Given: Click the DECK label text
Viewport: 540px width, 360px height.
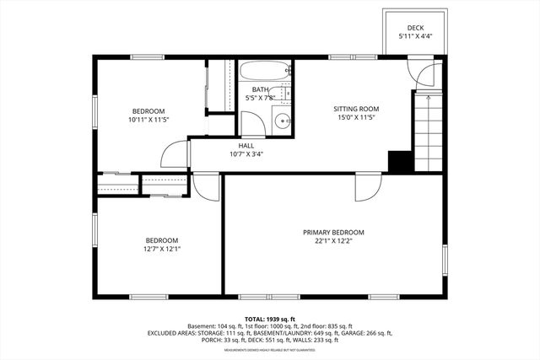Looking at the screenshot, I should click(x=414, y=27).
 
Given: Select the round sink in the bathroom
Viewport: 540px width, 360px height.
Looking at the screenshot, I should click(x=282, y=122).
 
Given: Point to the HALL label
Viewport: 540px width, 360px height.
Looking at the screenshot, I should click(x=246, y=145).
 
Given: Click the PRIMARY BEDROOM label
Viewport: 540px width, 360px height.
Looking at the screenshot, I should click(x=334, y=232).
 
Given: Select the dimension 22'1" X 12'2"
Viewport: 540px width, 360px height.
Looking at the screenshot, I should click(x=334, y=241).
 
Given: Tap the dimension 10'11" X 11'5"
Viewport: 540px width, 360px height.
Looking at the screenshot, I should click(x=148, y=121).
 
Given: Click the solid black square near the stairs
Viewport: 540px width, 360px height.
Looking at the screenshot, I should click(x=398, y=161).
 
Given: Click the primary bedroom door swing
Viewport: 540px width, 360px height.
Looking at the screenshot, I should click(x=368, y=187).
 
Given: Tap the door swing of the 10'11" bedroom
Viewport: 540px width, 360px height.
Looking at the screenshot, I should click(x=175, y=153).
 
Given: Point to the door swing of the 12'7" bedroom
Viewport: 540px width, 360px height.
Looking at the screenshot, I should click(x=206, y=186).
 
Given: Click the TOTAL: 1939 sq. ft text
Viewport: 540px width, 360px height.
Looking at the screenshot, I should click(x=269, y=319).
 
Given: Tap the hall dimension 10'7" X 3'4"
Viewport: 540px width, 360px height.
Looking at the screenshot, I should click(x=246, y=154).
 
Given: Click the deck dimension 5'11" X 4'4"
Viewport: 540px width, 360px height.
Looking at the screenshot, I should click(x=414, y=36).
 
